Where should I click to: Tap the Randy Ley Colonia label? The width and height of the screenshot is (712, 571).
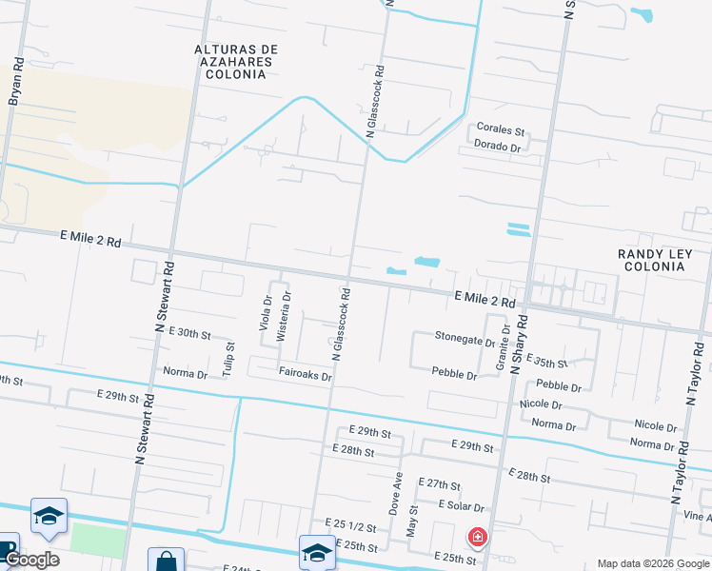651,260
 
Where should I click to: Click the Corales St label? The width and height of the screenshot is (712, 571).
501,129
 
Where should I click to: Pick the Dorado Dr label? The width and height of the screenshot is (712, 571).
497,147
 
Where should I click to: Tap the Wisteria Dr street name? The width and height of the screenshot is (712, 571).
283,317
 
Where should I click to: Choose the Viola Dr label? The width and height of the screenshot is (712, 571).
267,312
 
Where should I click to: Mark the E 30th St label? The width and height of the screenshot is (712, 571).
188,334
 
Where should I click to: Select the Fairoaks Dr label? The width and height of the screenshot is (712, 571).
305,377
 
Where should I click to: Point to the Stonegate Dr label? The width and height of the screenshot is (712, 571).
465,338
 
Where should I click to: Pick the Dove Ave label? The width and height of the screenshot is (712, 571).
396,493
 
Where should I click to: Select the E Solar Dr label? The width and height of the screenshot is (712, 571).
462,507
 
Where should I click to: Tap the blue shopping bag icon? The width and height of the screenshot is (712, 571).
166,561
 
